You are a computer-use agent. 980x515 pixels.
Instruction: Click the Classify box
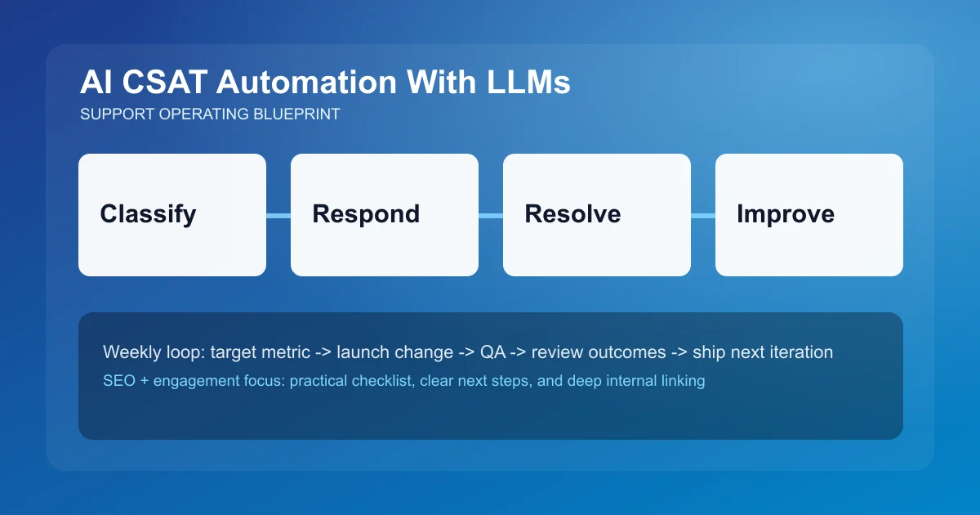click(x=172, y=215)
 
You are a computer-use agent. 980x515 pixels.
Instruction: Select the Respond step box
click(x=385, y=215)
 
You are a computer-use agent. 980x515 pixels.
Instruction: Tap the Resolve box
click(x=597, y=215)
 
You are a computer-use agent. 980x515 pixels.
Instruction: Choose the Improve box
click(x=809, y=215)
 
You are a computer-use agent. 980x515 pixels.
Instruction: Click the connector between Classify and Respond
click(x=278, y=216)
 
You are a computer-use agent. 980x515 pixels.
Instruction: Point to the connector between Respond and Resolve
click(x=491, y=216)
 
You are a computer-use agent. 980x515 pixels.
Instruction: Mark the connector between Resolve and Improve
click(x=703, y=216)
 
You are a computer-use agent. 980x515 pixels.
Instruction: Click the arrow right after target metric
click(x=321, y=352)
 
